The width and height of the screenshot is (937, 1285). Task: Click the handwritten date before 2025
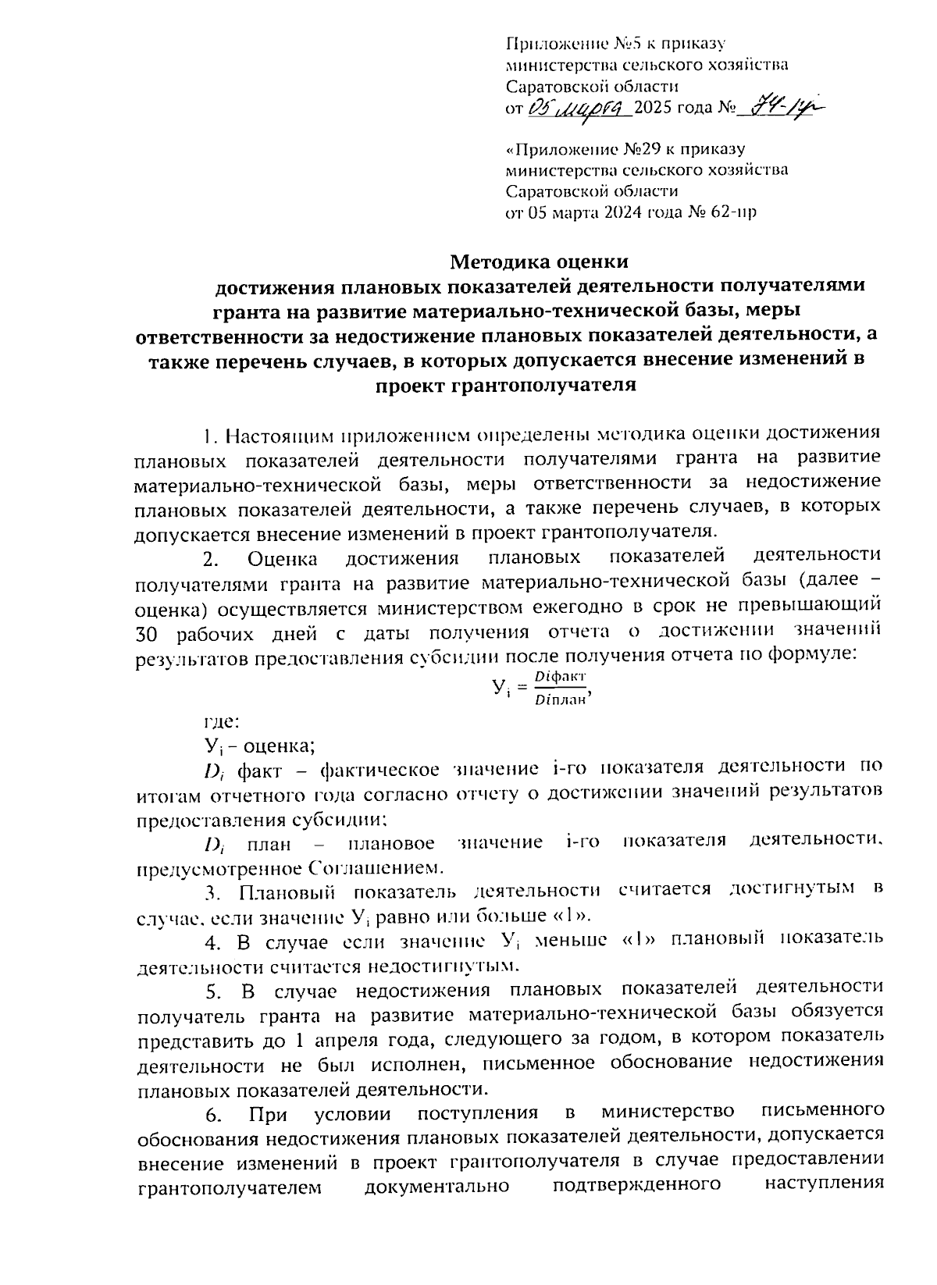(x=577, y=109)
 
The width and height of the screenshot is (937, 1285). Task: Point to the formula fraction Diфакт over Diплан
(x=560, y=687)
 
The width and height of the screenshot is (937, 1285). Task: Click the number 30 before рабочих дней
(x=149, y=633)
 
